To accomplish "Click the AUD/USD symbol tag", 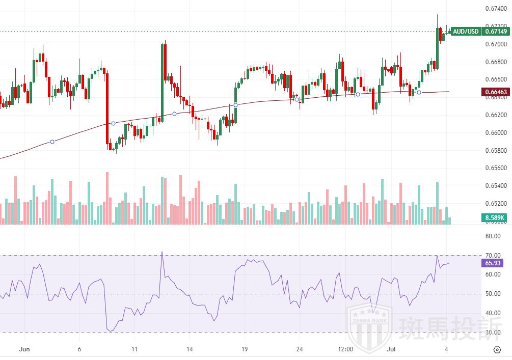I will click(x=466, y=32).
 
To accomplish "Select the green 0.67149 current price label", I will click(x=495, y=32).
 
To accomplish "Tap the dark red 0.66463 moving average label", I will click(x=495, y=92).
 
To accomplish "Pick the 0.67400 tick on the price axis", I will click(x=495, y=9).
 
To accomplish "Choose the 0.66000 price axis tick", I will click(x=495, y=133).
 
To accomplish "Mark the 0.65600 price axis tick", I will click(x=495, y=168).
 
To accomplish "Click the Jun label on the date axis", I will click(x=24, y=350).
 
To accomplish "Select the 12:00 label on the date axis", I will click(x=345, y=350).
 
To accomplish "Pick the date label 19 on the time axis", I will click(x=245, y=350).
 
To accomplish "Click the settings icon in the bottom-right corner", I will click(x=497, y=350).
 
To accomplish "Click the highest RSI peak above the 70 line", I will click(x=162, y=253).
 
